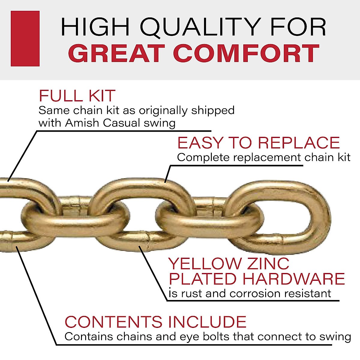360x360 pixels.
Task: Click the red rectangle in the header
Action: tap(25, 38)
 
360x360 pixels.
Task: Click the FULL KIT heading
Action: tap(77, 96)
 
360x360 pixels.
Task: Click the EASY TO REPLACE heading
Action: tap(258, 143)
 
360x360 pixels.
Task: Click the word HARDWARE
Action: tap(294, 279)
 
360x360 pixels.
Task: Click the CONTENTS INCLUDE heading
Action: tap(155, 322)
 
